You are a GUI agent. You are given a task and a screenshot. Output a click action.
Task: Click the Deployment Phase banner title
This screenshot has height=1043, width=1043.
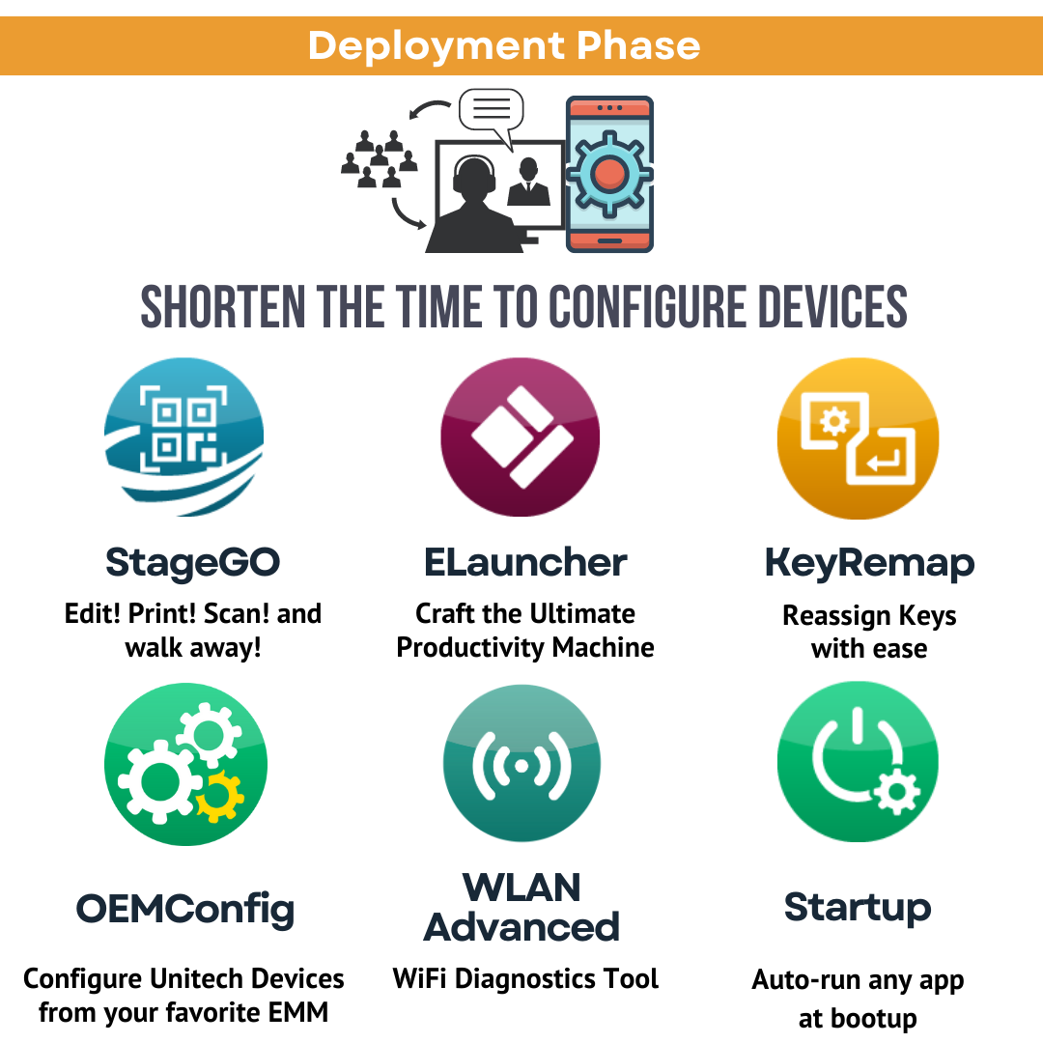tap(504, 45)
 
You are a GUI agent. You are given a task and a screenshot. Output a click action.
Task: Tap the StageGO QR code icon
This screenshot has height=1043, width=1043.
tap(183, 437)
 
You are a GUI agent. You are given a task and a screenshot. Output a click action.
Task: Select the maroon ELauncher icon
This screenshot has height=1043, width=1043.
tap(521, 437)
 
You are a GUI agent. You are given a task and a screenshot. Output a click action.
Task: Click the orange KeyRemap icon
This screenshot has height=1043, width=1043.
tap(858, 437)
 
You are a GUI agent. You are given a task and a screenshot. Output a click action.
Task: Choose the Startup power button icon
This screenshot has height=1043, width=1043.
tap(858, 763)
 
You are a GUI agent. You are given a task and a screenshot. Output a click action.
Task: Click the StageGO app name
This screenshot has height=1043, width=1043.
tap(192, 562)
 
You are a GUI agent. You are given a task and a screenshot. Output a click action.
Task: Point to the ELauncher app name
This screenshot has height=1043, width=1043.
tap(525, 562)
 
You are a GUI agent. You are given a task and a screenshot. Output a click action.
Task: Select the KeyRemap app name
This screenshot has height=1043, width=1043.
tap(869, 563)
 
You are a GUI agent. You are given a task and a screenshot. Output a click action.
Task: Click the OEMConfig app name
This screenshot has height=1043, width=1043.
tap(184, 909)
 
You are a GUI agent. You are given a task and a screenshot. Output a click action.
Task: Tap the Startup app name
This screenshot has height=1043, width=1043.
tap(858, 908)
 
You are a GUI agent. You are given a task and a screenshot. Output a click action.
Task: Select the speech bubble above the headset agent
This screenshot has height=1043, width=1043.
tap(491, 109)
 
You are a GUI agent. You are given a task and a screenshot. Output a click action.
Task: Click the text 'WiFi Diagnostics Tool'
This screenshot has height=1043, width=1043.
tap(525, 978)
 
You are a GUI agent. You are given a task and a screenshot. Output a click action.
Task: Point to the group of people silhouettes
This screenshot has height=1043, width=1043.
tap(379, 159)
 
